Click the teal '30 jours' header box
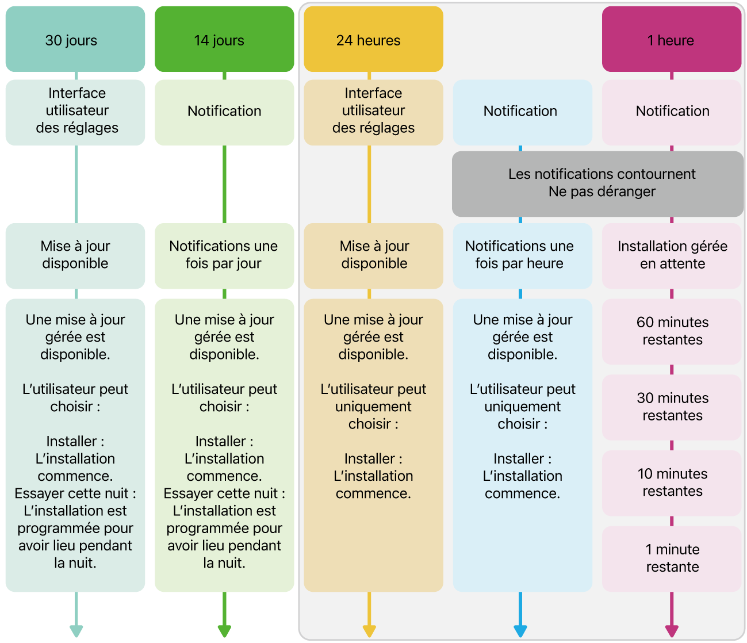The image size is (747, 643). (75, 39)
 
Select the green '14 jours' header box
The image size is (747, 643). (224, 39)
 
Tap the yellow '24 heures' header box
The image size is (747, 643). (373, 39)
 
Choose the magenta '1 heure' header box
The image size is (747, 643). (672, 39)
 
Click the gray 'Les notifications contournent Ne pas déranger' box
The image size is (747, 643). (597, 184)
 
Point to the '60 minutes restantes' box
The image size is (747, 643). (672, 331)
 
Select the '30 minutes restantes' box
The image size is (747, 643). (672, 407)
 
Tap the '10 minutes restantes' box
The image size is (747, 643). (672, 483)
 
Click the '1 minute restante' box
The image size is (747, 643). (672, 559)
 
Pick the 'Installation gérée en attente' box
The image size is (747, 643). (672, 256)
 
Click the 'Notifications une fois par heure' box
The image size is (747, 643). (522, 256)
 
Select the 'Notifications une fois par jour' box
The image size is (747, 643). (224, 256)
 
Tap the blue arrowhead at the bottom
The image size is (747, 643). (520, 631)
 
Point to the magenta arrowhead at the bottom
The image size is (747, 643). (672, 631)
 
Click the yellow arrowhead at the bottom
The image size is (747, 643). (369, 631)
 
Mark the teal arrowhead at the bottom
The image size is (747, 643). (76, 631)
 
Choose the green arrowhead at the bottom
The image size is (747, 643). (224, 631)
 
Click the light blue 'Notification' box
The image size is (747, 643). (522, 112)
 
